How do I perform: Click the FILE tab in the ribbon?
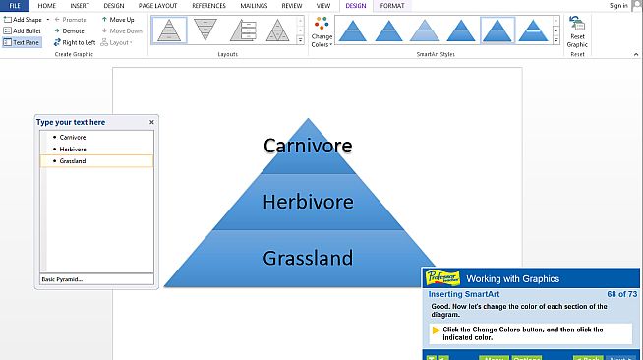click(x=14, y=6)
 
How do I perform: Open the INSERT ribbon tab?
click(x=80, y=6)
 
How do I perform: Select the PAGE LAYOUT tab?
click(x=157, y=6)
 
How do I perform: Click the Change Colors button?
click(x=321, y=32)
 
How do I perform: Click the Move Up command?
click(x=118, y=20)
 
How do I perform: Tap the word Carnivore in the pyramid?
click(x=308, y=147)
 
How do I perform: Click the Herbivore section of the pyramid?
click(x=308, y=202)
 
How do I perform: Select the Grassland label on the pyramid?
click(x=308, y=258)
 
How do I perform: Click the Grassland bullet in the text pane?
click(x=73, y=160)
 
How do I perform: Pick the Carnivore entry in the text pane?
click(x=73, y=137)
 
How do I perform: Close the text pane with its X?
click(x=151, y=122)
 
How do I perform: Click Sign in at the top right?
click(x=618, y=6)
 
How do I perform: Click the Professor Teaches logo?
click(x=441, y=278)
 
